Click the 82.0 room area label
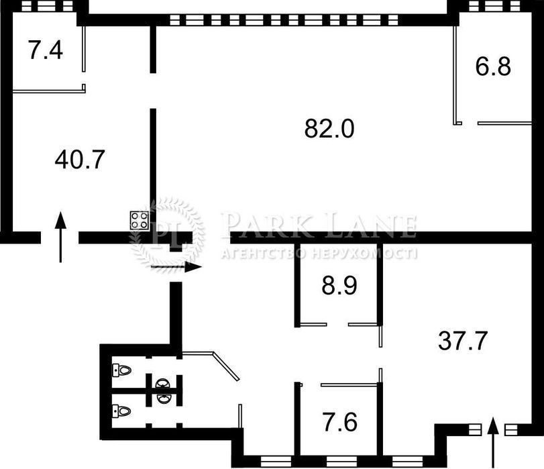point(329,128)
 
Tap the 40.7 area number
point(80,159)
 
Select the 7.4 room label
point(46,50)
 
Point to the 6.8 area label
point(493,66)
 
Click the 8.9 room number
point(339,286)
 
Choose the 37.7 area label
point(463,341)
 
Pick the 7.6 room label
point(340,422)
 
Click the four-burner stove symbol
point(140,221)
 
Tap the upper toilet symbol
point(122,370)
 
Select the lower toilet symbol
point(122,411)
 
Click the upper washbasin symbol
point(164,383)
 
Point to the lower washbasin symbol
point(164,399)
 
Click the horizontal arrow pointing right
point(176,267)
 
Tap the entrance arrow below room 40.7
point(61,237)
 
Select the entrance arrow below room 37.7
point(492,443)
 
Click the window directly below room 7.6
point(341,462)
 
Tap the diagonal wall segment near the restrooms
point(226,366)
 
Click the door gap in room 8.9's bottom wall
point(337,325)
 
